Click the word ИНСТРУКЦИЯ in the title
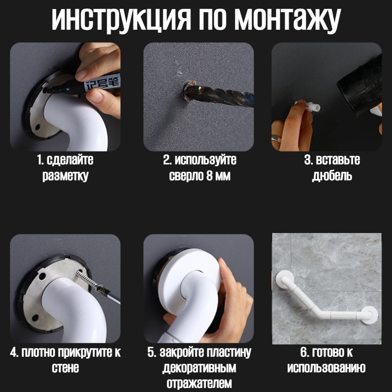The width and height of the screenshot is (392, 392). click(x=121, y=20)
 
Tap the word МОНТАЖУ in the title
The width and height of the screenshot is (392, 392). click(x=287, y=20)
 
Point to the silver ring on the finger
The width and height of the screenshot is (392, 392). click(x=276, y=139)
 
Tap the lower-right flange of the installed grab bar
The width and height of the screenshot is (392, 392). click(x=369, y=315)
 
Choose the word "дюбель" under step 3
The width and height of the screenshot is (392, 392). click(x=332, y=176)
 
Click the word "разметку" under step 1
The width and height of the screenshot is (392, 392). click(x=65, y=176)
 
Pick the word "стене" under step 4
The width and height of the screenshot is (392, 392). click(x=65, y=368)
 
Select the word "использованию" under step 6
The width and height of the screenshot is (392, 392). click(x=326, y=368)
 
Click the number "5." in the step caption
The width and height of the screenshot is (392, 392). click(x=152, y=352)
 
